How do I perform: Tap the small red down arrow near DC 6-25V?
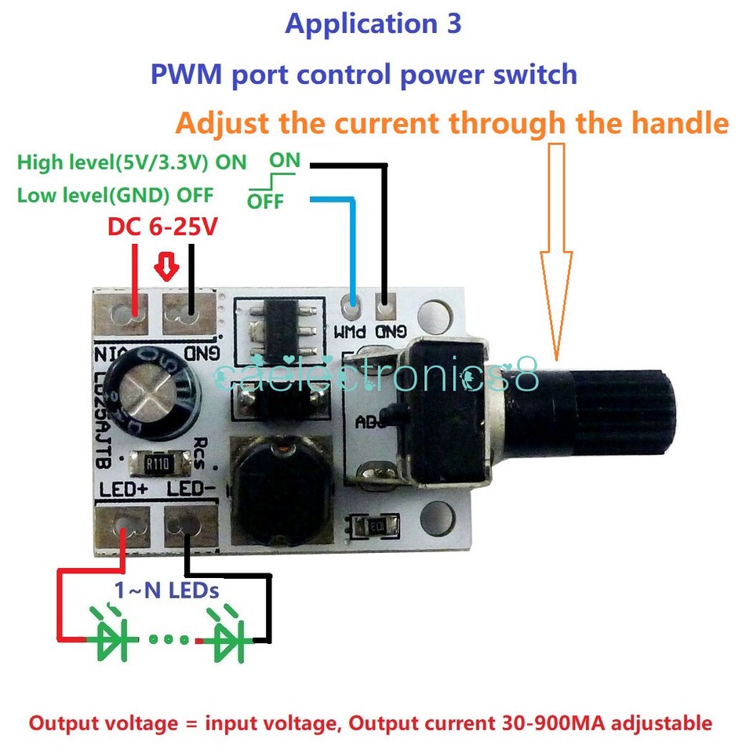tap(166, 267)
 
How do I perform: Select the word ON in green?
tap(285, 161)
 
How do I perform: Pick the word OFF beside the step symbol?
tap(265, 202)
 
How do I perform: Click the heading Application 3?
tap(373, 24)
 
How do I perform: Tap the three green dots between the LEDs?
tap(170, 639)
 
